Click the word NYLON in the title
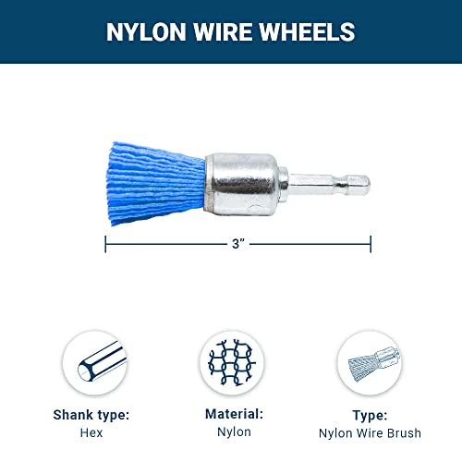point(146,32)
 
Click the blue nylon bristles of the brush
point(155,183)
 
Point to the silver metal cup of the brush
point(241,184)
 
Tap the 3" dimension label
point(238,244)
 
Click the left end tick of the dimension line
point(105,244)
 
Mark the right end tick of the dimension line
point(371,244)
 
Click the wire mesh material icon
point(232,362)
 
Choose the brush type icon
point(370,363)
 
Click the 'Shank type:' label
point(91,416)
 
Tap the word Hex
point(91,432)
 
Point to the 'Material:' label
point(234,414)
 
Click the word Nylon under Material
point(234,432)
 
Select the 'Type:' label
point(370,416)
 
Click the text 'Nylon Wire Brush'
point(370,433)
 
